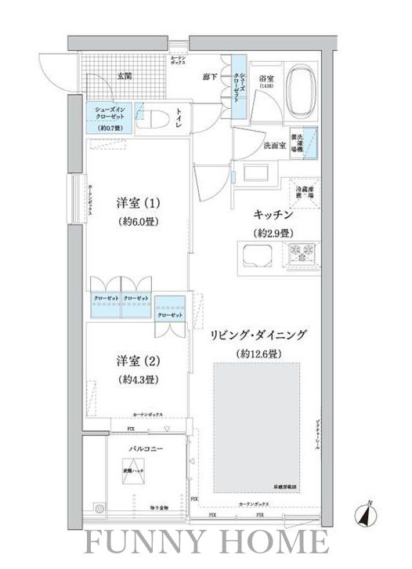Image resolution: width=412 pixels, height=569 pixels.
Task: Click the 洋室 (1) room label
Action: tap(139, 202)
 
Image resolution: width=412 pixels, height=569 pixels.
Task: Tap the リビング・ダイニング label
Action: tap(258, 335)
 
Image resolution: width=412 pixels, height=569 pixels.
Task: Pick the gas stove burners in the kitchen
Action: tap(302, 254)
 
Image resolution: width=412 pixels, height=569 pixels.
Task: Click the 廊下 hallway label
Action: tap(209, 76)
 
